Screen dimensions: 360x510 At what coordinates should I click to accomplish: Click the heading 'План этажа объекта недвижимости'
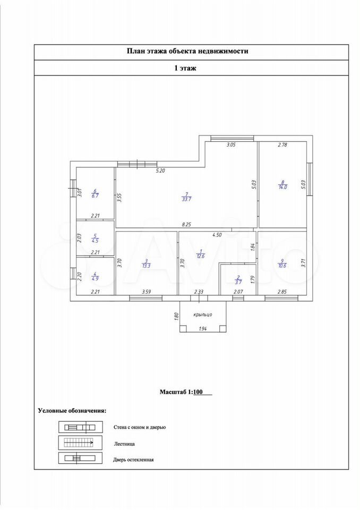[x=187, y=51]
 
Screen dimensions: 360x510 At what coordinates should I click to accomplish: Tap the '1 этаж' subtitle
[x=185, y=69]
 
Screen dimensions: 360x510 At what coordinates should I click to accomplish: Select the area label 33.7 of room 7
[x=187, y=199]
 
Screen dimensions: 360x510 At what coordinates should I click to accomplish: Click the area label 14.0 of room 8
[x=283, y=188]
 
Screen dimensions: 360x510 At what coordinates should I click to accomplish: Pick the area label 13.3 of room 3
[x=147, y=266]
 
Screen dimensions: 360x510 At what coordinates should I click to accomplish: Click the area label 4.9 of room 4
[x=95, y=278]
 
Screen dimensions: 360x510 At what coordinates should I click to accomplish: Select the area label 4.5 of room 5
[x=95, y=241]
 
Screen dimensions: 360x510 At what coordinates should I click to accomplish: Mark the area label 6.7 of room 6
[x=95, y=196]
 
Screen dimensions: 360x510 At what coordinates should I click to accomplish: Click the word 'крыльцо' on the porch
[x=203, y=314]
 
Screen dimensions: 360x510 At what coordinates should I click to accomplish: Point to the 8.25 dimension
[x=187, y=224]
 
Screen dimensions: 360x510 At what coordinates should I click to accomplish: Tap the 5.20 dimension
[x=161, y=171]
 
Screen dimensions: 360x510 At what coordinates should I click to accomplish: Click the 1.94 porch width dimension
[x=203, y=329]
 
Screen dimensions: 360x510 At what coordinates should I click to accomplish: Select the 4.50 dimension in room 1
[x=217, y=235]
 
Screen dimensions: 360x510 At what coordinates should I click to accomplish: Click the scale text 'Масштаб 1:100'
[x=181, y=392]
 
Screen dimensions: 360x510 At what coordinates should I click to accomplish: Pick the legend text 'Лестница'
[x=124, y=444]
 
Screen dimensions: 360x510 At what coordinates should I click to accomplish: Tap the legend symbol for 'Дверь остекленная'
[x=80, y=458]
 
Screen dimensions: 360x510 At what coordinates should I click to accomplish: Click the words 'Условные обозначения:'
[x=72, y=411]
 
